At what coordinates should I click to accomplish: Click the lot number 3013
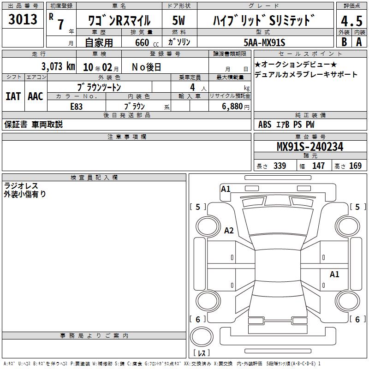(23, 19)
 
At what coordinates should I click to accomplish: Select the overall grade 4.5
(351, 21)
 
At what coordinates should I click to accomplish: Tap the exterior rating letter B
(344, 42)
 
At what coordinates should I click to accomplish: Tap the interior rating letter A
(359, 42)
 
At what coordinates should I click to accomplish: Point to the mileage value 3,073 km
(59, 66)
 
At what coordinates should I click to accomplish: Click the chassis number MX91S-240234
(310, 147)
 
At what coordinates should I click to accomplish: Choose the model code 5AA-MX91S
(264, 42)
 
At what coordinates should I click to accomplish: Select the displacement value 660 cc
(147, 42)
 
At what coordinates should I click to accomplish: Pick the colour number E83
(76, 107)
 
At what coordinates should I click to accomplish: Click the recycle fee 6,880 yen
(235, 107)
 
